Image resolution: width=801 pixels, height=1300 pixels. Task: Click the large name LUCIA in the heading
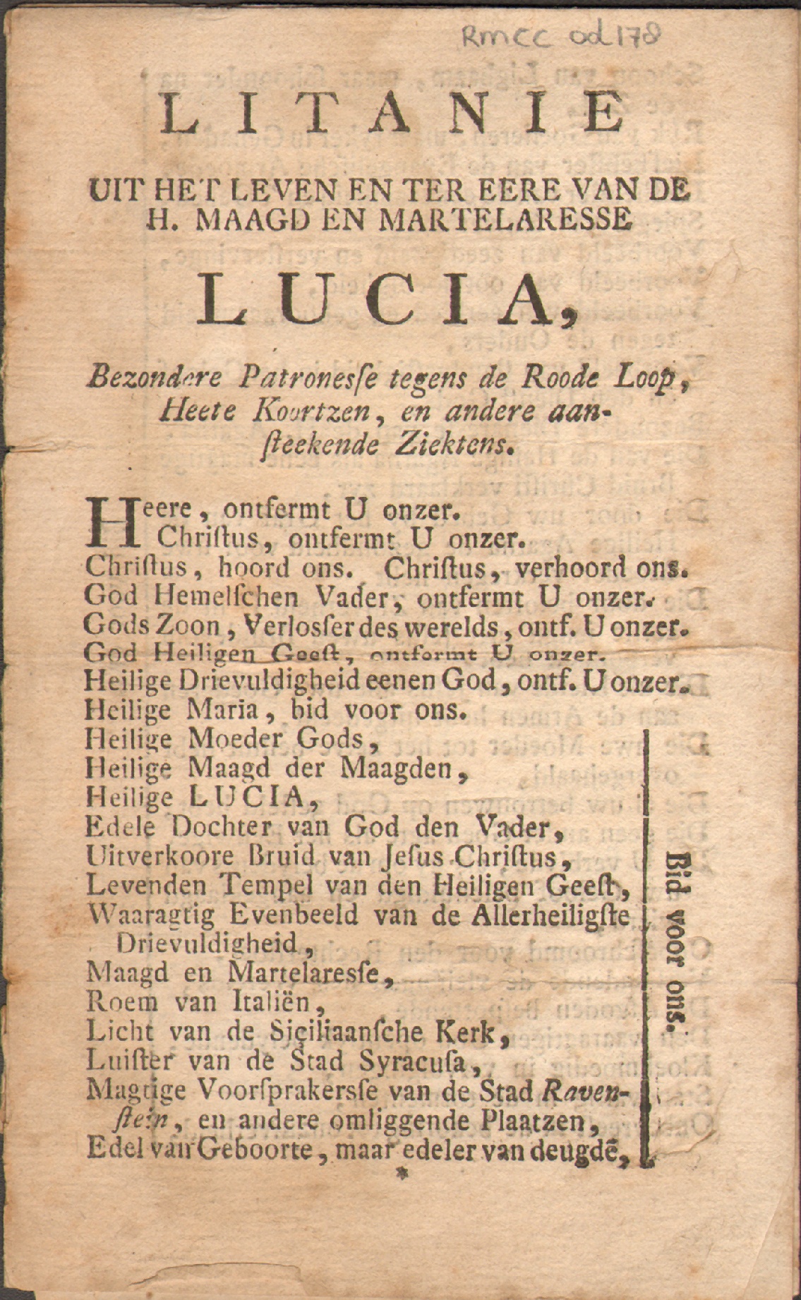385,296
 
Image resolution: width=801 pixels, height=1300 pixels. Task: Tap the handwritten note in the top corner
561,35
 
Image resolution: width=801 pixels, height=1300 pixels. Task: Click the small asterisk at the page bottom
404,1175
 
